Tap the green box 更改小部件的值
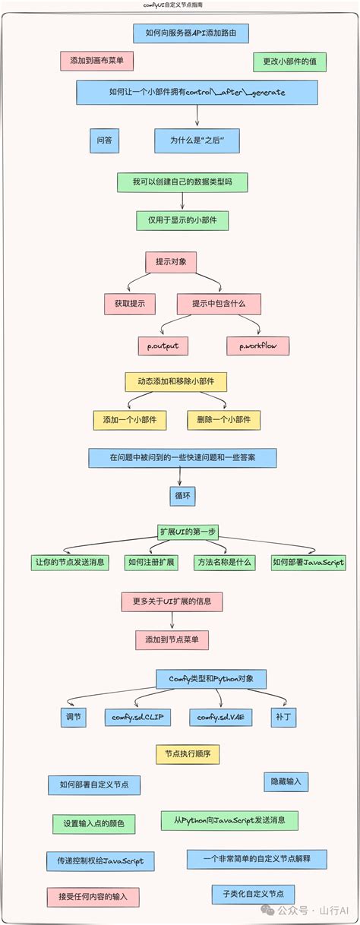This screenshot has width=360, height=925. [289, 62]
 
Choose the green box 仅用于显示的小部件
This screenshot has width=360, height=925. [182, 220]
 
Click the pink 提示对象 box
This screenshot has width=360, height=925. [171, 262]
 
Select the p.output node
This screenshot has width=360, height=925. [163, 346]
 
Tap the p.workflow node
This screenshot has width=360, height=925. [257, 346]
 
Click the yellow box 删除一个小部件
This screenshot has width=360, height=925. [223, 420]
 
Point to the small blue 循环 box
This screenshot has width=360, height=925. [182, 497]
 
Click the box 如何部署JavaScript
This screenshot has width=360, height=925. [308, 563]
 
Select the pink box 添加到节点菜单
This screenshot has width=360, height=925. [172, 640]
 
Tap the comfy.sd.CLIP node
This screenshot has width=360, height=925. [137, 717]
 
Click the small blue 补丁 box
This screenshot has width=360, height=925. [283, 717]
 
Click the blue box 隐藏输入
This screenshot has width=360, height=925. [286, 781]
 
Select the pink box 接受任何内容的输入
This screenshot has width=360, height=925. [93, 897]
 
